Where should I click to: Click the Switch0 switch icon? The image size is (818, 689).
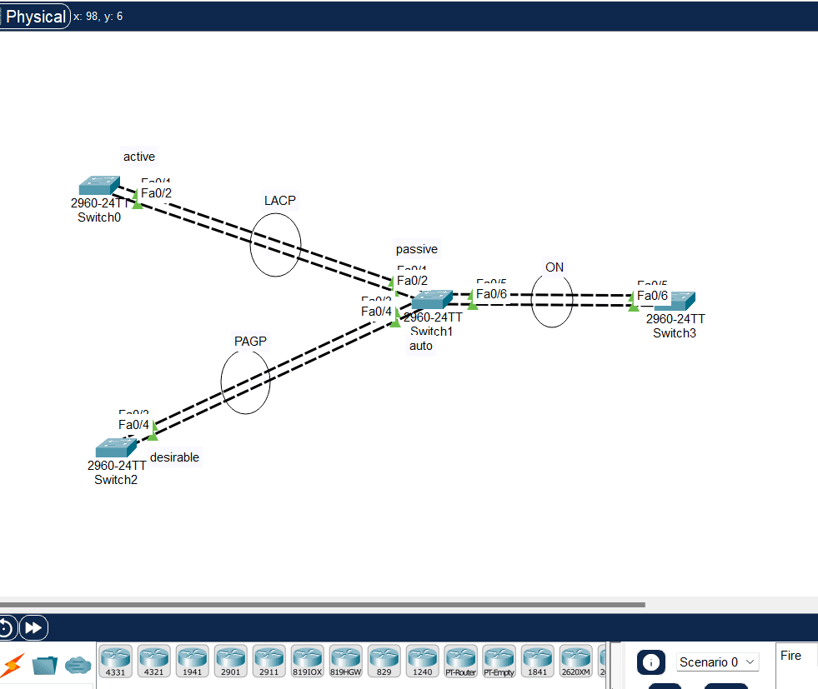[x=99, y=186]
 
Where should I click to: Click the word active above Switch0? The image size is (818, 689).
[x=139, y=157]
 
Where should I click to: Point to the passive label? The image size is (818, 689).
[x=416, y=249]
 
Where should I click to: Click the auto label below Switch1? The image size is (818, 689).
[x=421, y=346]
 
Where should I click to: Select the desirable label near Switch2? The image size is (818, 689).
[x=174, y=457]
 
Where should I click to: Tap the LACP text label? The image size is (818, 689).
[x=280, y=200]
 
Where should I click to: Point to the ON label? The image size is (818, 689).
[x=555, y=267]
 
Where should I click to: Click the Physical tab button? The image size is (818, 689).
[x=35, y=17]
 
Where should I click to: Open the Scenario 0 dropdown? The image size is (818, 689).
[x=718, y=662]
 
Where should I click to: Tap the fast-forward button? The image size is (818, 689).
[x=33, y=627]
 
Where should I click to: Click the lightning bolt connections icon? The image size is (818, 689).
[x=13, y=665]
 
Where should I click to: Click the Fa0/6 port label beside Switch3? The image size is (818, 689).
[x=652, y=296]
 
